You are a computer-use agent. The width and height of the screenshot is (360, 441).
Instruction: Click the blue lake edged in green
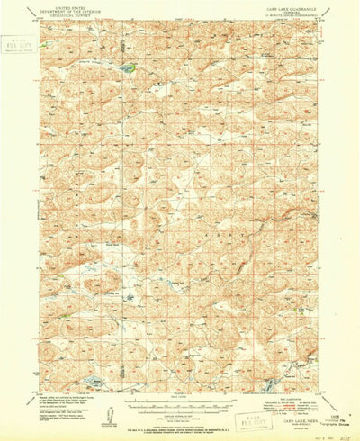tap(129, 67)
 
